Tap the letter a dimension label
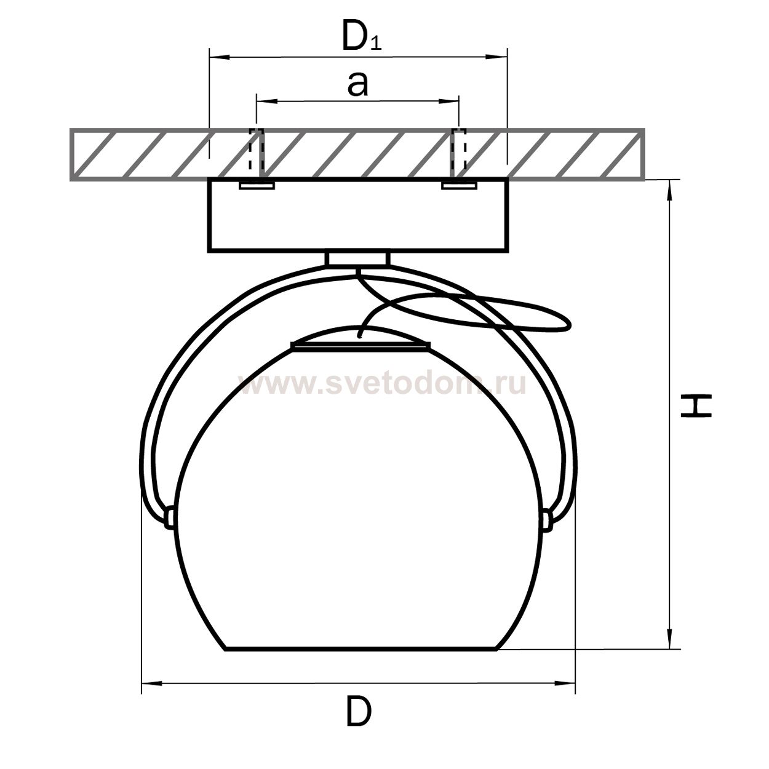tap(357, 85)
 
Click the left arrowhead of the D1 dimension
tap(220, 57)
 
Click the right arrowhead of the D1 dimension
tap(496, 57)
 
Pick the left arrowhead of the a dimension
tap(266, 102)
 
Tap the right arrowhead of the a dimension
tap(448, 102)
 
